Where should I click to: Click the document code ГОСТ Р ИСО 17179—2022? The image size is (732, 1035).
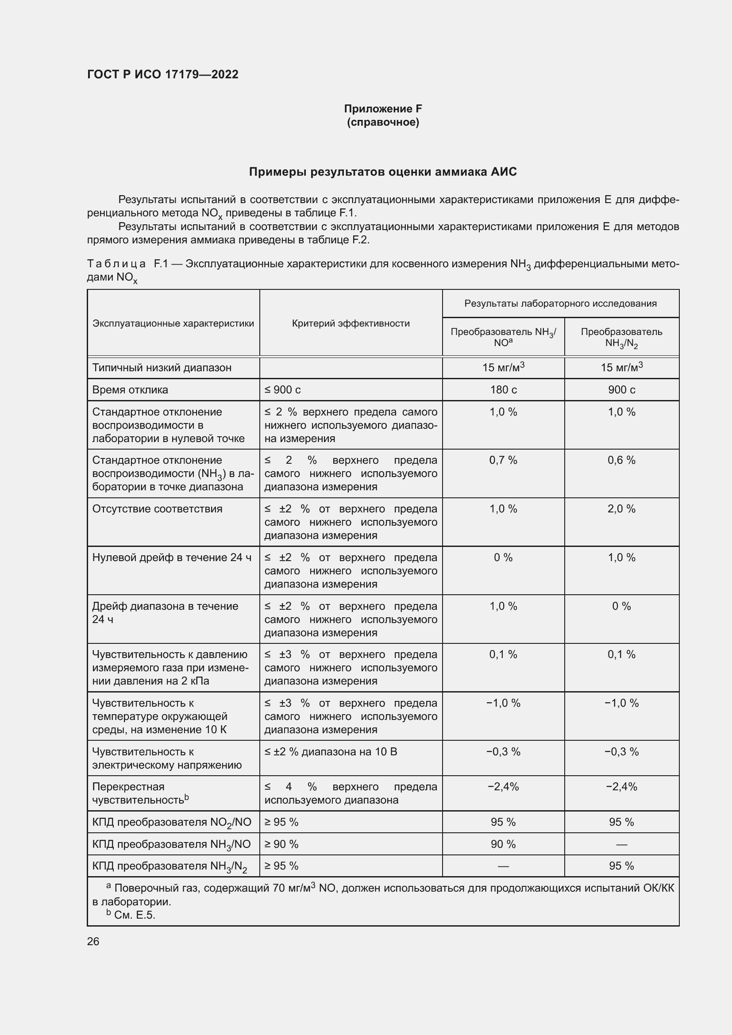point(163,74)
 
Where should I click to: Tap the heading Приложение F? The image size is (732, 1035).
point(383,109)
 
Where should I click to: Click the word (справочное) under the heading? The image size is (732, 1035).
point(383,123)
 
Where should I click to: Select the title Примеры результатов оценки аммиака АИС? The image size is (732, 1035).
point(383,172)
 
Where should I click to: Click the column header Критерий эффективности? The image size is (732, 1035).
point(351,323)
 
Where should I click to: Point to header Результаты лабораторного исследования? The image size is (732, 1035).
point(560,304)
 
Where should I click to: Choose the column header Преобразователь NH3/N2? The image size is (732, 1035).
point(621,337)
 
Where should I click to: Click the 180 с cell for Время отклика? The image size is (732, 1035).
point(503,390)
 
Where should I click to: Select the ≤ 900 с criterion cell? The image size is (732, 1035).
point(283,390)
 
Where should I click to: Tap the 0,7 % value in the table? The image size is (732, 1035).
point(503,460)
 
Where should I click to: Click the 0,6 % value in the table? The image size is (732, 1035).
point(621,460)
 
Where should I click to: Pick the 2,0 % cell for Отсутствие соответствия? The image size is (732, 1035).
point(621,509)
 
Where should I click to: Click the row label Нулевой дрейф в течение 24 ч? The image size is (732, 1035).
point(172,558)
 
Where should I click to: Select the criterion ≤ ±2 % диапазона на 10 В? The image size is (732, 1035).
point(331,751)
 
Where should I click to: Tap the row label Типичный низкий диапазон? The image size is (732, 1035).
point(162,368)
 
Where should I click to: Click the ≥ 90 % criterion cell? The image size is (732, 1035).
point(281,844)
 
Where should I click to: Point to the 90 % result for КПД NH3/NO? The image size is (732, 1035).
point(503,844)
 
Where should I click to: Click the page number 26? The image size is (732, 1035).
point(93,941)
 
